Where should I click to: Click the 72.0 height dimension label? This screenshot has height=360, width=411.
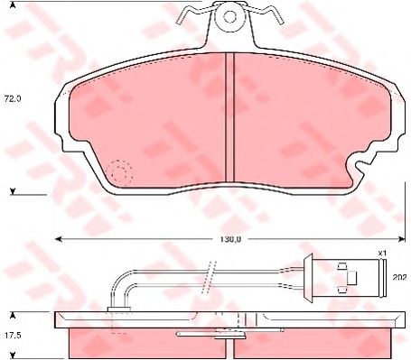pyautogui.click(x=13, y=98)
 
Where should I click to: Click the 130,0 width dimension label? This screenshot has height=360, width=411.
pyautogui.click(x=229, y=239)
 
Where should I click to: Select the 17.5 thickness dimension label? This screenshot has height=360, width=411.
pyautogui.click(x=13, y=335)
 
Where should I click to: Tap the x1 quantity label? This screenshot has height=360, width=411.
pyautogui.click(x=382, y=254)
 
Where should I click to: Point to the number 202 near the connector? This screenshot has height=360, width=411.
pyautogui.click(x=400, y=277)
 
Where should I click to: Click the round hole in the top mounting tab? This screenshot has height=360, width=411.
pyautogui.click(x=229, y=17)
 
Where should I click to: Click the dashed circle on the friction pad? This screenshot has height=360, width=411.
pyautogui.click(x=121, y=171)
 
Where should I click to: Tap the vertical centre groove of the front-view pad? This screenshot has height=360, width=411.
pyautogui.click(x=229, y=117)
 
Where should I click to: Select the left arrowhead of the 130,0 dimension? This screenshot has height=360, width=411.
pyautogui.click(x=59, y=239)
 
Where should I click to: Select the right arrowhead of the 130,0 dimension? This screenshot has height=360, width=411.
pyautogui.click(x=401, y=239)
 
